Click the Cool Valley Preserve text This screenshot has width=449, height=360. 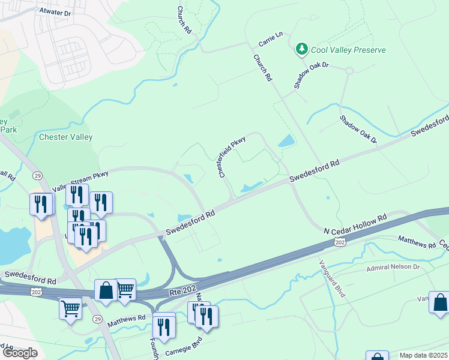349,50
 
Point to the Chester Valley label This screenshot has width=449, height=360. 66,137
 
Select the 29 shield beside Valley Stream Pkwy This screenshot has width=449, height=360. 37,175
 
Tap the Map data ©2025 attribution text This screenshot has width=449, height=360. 423,355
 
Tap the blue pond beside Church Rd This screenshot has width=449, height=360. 286,142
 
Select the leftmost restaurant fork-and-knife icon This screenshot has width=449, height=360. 40,203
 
